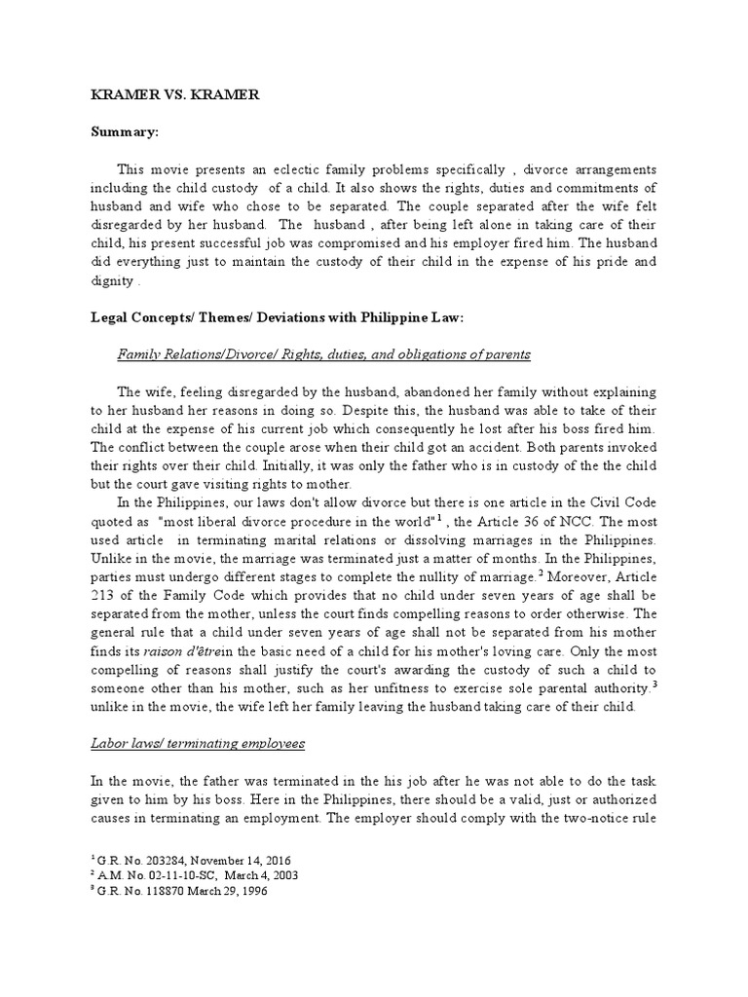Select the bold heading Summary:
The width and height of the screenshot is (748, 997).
[125, 130]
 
